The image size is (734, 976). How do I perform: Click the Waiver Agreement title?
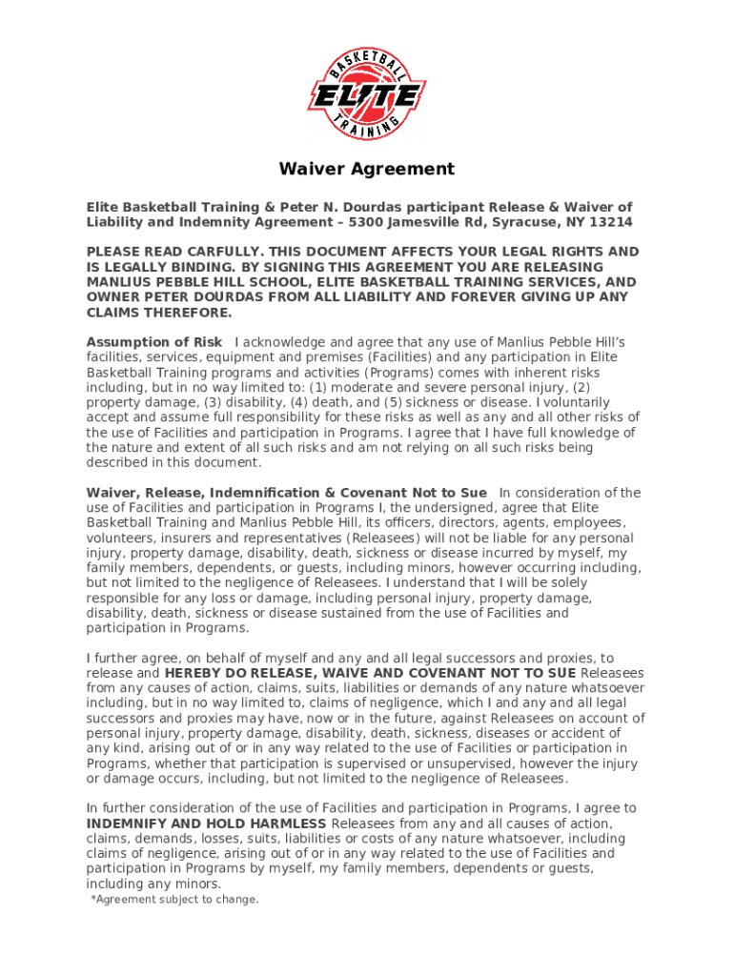pos(366,170)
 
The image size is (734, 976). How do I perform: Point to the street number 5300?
pos(370,222)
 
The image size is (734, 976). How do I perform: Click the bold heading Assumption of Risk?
pos(154,342)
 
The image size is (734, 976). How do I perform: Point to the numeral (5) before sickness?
pos(394,402)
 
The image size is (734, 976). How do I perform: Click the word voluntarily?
pos(601,402)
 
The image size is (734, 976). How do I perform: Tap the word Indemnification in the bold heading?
pos(263,493)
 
